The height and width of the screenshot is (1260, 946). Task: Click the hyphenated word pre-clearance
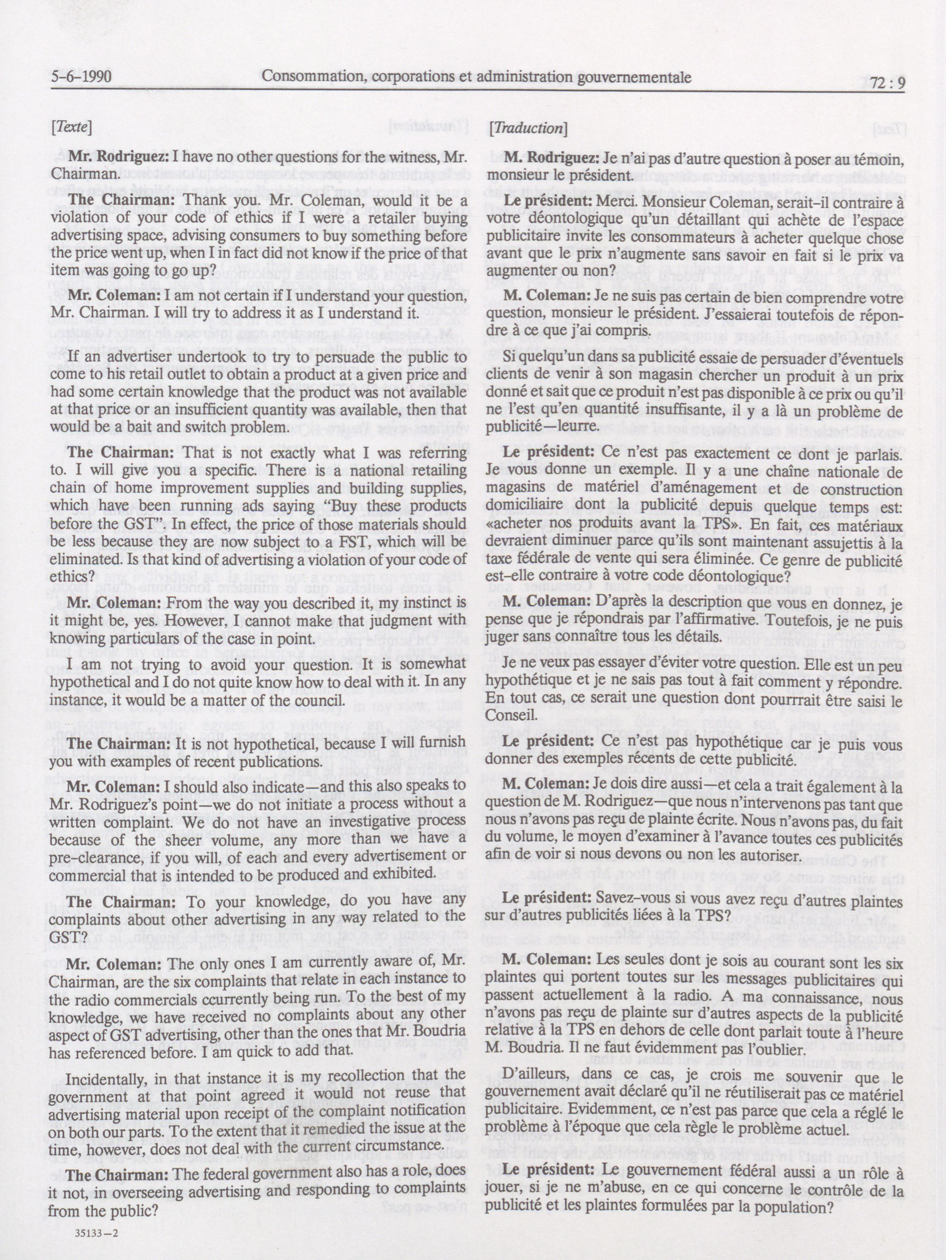point(99,856)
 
